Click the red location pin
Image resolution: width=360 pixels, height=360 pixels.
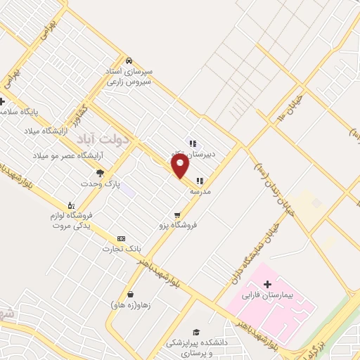[x=181, y=167]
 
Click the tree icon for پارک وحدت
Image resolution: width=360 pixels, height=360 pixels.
[x=100, y=173]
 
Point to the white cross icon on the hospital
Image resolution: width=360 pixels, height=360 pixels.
[x=266, y=284]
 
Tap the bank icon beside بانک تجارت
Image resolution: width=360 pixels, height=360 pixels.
[x=122, y=238]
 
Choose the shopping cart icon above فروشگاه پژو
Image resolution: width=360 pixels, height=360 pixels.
[x=178, y=215]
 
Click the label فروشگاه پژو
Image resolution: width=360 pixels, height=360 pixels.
[x=178, y=226]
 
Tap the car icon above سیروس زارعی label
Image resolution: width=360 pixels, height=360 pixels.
[x=129, y=60]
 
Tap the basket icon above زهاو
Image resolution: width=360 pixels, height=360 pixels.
[x=131, y=295]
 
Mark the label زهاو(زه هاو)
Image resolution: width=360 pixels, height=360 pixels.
[x=131, y=305]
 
